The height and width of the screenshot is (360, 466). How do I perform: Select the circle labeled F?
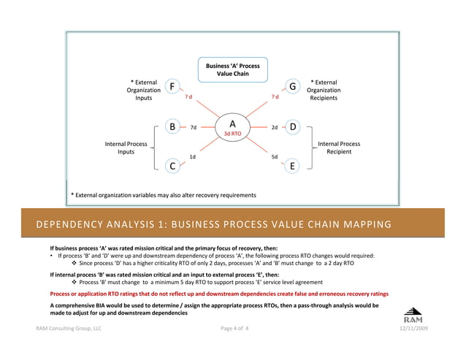click(172, 87)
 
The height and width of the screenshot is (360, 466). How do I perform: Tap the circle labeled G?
click(292, 87)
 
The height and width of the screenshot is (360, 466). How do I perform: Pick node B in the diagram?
click(172, 127)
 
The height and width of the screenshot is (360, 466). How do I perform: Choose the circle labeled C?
click(172, 166)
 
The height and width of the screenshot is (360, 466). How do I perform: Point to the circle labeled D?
click(292, 127)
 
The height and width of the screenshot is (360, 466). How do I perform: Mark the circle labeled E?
click(292, 166)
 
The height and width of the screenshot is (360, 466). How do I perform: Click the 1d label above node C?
click(192, 156)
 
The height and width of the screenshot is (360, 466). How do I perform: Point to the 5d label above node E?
click(274, 156)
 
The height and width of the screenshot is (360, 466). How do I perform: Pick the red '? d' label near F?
click(188, 97)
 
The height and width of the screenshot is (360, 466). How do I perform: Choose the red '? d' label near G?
click(275, 97)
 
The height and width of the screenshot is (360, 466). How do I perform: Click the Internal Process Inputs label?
click(126, 148)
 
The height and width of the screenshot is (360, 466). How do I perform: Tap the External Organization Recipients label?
click(324, 90)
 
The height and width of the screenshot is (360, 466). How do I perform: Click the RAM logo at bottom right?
click(412, 314)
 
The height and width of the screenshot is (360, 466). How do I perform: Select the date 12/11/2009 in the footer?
click(413, 329)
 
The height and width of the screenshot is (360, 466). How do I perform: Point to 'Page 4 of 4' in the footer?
click(234, 329)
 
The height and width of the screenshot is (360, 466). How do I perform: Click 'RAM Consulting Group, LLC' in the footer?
click(69, 329)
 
